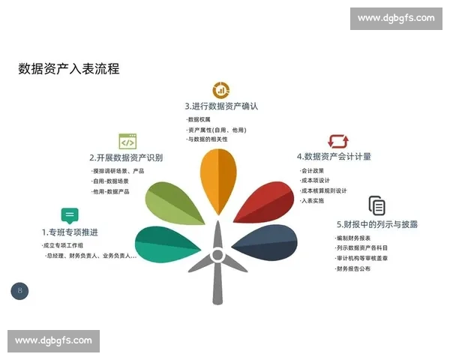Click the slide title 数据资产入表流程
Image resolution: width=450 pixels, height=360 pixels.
(69, 69)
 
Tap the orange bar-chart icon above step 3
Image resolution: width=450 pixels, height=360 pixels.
(220, 90)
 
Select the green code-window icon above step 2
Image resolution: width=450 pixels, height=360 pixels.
(127, 141)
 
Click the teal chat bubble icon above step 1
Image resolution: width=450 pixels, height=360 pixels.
(70, 215)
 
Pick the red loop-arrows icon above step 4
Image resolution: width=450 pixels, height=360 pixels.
(338, 141)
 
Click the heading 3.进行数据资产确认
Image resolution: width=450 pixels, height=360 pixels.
(221, 106)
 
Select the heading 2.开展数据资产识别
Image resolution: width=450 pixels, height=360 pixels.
(125, 157)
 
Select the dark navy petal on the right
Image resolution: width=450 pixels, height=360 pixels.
(266, 244)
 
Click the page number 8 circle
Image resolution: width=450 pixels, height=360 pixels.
(19, 290)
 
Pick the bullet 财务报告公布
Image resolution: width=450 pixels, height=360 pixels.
(353, 268)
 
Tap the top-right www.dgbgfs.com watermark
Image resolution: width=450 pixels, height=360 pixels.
(395, 18)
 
